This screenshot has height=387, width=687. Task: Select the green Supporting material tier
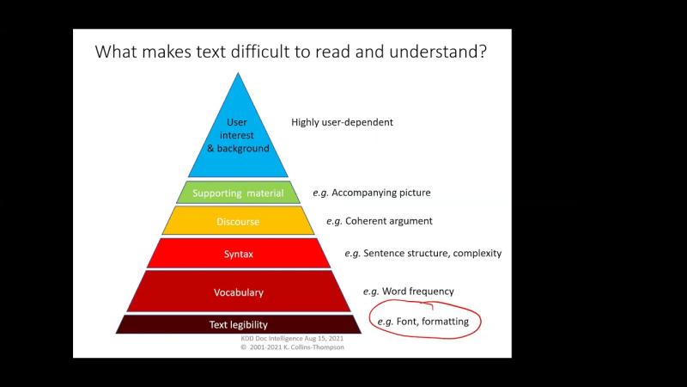(x=238, y=192)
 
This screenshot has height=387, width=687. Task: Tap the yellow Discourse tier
(x=238, y=222)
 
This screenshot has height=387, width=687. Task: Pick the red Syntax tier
(x=238, y=254)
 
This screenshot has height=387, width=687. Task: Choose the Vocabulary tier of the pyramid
(x=238, y=292)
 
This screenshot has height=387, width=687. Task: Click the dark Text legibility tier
(x=238, y=324)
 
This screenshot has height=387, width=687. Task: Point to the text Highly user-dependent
(x=342, y=122)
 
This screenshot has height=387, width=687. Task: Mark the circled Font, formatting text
(x=423, y=322)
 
